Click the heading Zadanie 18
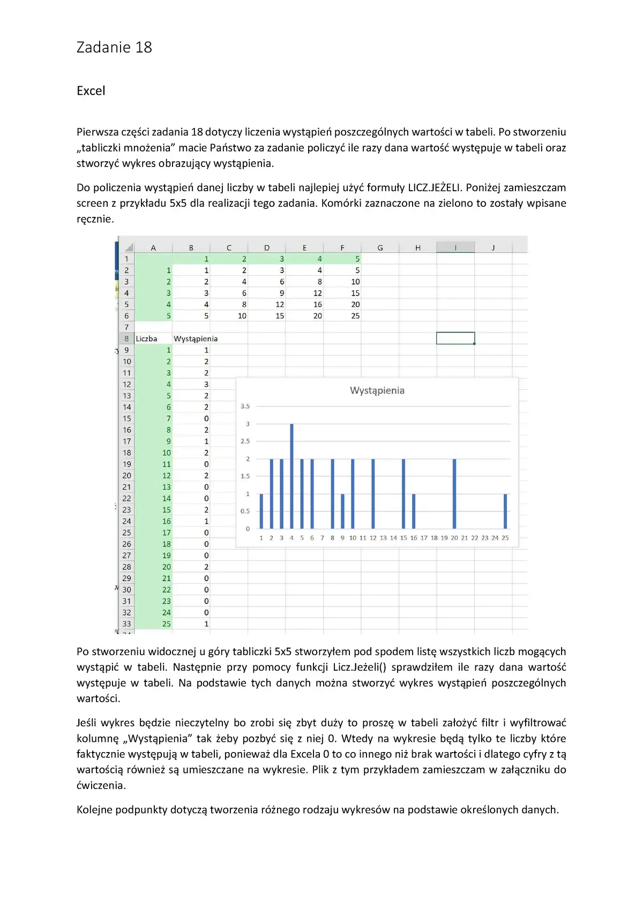point(114,48)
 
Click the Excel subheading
point(91,91)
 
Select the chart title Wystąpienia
point(377,390)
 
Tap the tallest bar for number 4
point(291,476)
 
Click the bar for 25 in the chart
point(505,511)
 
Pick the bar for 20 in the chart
point(454,493)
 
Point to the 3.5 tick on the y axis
point(245,406)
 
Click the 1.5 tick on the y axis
point(245,476)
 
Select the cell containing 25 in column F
point(355,316)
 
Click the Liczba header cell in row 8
point(146,339)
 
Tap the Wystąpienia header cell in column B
point(196,339)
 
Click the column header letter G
point(380,247)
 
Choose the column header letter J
point(493,247)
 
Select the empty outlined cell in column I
point(455,339)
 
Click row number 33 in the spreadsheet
point(126,623)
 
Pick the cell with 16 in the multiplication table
point(318,304)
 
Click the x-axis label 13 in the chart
point(383,538)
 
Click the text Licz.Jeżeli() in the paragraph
point(359,667)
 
